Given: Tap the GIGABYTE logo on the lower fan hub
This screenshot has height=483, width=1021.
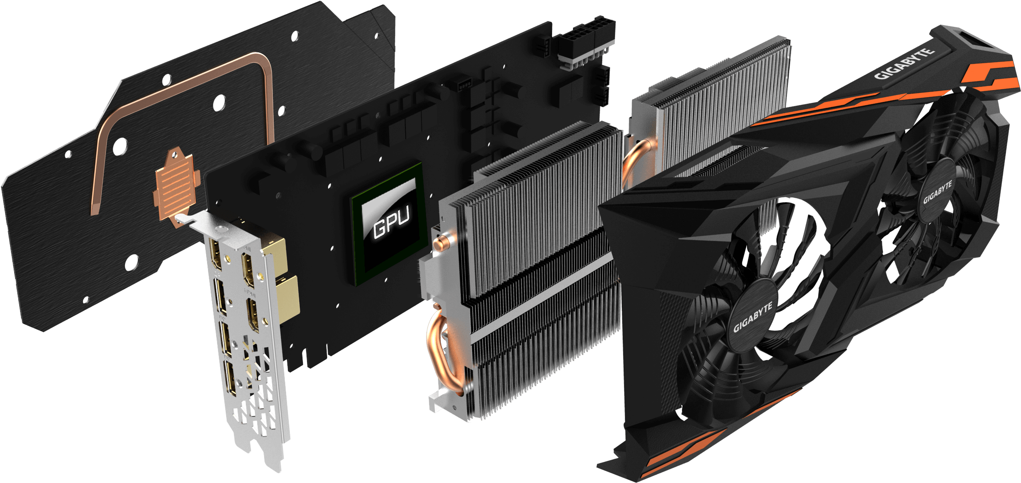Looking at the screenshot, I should [753, 316].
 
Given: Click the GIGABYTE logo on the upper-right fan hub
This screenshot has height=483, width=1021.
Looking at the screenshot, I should [938, 193].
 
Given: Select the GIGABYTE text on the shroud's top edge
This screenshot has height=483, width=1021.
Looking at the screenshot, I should [904, 64].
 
